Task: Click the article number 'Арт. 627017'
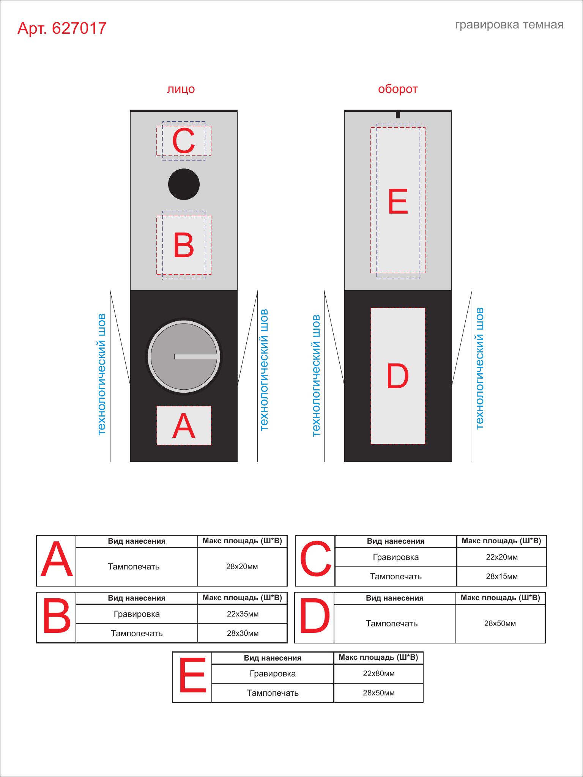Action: pos(62,28)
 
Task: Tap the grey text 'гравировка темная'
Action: pos(509,25)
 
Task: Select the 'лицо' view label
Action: pos(181,89)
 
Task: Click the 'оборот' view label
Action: pos(398,89)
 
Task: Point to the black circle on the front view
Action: pos(184,184)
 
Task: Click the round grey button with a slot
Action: pos(184,357)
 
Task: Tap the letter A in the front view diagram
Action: pos(184,425)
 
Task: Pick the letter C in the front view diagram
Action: pos(184,141)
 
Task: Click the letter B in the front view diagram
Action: pos(184,245)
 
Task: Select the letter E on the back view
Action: pos(398,201)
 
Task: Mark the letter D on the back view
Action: pos(398,376)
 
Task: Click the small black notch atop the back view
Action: pos(398,115)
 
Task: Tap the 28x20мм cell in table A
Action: pos(242,567)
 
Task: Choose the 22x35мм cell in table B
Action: pos(243,614)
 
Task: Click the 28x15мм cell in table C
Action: pos(502,577)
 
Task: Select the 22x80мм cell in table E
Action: pos(379,674)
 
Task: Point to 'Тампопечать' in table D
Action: pos(392,624)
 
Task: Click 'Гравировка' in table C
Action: pos(396,557)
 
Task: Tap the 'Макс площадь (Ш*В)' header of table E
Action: pos(378,657)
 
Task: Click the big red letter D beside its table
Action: pos(315,616)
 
